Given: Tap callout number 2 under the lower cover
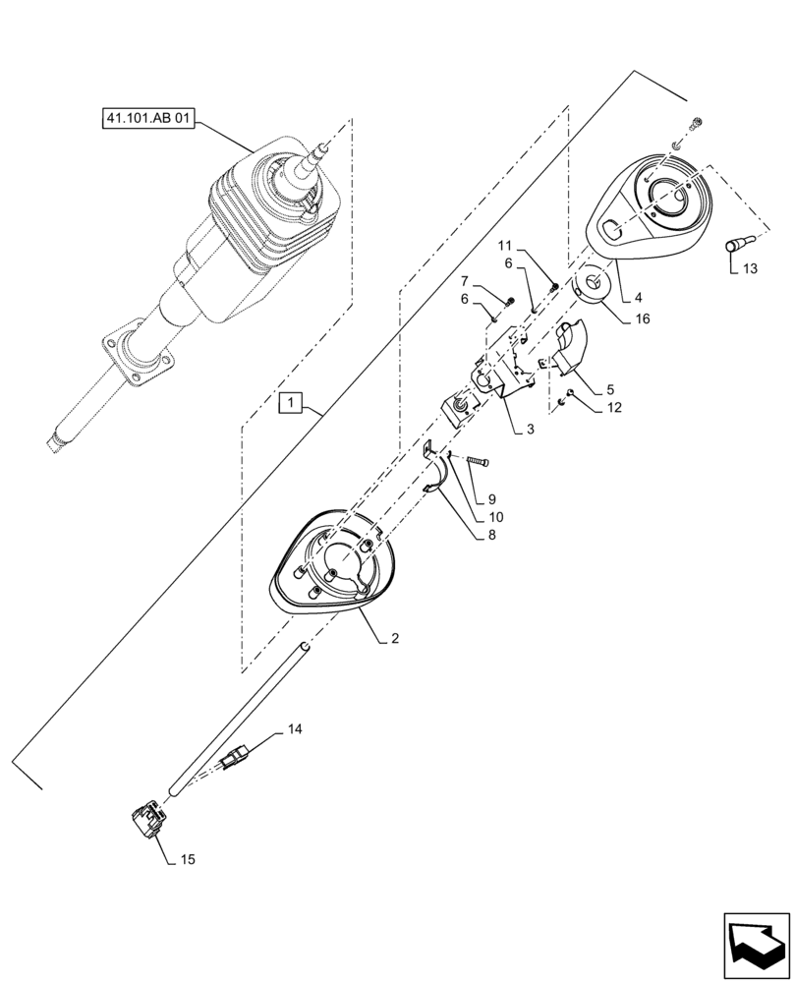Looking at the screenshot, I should tap(394, 639).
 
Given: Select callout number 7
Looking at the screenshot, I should tap(466, 281).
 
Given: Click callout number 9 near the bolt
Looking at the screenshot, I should tap(491, 498).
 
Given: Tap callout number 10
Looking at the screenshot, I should tap(492, 517).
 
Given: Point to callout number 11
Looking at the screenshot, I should tap(504, 244).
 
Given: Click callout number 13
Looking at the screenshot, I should tap(750, 269).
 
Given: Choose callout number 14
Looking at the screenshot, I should tap(295, 728).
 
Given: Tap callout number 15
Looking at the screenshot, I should tap(187, 859).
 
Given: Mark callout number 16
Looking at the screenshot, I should tap(642, 318).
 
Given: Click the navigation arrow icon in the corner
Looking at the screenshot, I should tap(756, 943).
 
